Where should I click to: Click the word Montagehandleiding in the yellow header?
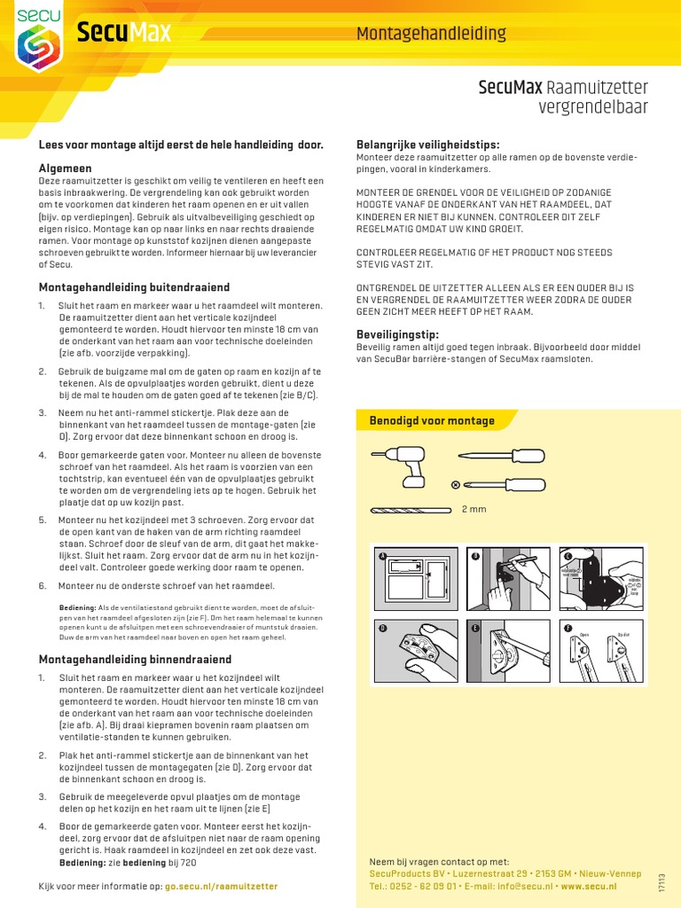[x=431, y=34]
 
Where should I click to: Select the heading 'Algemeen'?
[x=65, y=167]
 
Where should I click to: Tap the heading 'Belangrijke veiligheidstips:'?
[x=427, y=144]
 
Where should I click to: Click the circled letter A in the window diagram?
[x=383, y=556]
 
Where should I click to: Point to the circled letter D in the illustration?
[x=383, y=627]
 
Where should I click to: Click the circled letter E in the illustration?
[x=475, y=627]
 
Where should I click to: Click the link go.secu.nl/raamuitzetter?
[x=222, y=887]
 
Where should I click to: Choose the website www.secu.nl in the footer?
[x=590, y=887]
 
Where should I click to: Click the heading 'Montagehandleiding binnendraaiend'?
[x=135, y=659]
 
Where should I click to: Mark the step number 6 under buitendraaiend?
[x=42, y=586]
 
